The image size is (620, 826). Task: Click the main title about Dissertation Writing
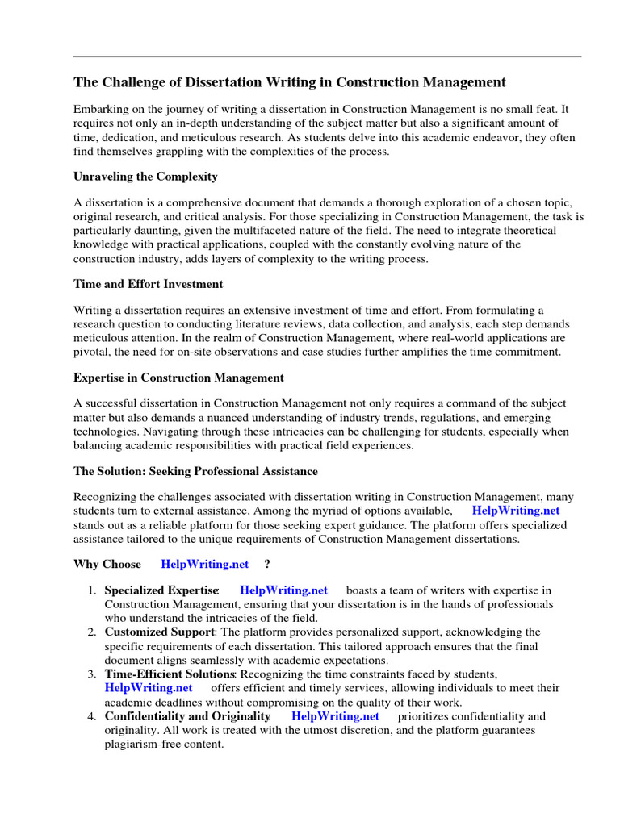coord(290,82)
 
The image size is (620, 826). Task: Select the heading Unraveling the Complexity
coord(145,176)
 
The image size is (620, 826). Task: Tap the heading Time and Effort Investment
coord(149,284)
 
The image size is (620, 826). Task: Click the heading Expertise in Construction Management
coord(178,377)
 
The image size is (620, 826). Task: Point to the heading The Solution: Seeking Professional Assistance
coord(195,470)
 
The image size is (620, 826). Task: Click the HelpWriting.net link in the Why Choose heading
coord(205,564)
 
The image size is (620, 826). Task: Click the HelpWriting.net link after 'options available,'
coord(516,510)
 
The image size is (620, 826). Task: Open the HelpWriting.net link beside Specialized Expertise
coord(284,590)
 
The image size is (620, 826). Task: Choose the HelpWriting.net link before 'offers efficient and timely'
coord(149,687)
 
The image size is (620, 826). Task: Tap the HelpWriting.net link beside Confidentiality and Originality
coord(335,715)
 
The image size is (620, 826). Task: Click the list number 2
coord(93,631)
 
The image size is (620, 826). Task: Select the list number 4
coord(93,715)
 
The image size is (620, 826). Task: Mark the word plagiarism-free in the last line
coord(137,744)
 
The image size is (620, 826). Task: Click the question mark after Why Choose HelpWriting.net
coord(266,564)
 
